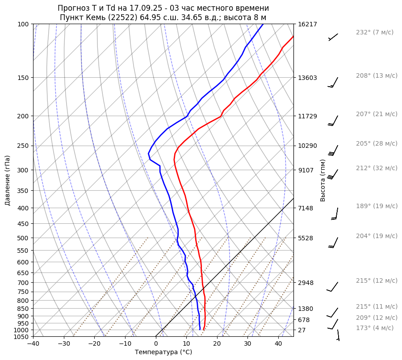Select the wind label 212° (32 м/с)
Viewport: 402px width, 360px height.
(376, 168)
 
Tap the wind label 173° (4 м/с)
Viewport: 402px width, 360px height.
(374, 328)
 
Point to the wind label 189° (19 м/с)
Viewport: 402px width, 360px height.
(376, 206)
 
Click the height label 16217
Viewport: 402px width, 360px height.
(307, 24)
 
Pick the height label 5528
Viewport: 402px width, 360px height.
(306, 238)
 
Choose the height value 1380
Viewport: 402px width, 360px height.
(306, 309)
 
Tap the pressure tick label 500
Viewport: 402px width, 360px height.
(23, 238)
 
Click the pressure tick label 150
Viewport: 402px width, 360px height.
(23, 78)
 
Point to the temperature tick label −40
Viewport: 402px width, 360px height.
(33, 344)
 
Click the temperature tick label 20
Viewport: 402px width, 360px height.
(217, 344)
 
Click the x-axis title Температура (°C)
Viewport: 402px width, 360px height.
(163, 352)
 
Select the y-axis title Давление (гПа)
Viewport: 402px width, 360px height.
(8, 180)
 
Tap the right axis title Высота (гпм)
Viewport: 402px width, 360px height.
(322, 180)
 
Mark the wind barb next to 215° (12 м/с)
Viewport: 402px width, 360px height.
(333, 286)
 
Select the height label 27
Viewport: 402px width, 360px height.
(302, 330)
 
